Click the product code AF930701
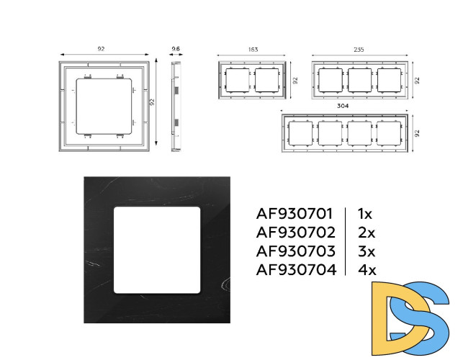click(x=294, y=214)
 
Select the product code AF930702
click(x=295, y=233)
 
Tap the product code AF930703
click(x=295, y=251)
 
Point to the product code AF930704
click(x=296, y=269)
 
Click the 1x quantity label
click(x=365, y=214)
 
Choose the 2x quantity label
click(x=367, y=233)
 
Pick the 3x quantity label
click(x=367, y=251)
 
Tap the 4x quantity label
click(x=367, y=270)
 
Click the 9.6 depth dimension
click(x=176, y=49)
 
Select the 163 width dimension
click(x=253, y=49)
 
